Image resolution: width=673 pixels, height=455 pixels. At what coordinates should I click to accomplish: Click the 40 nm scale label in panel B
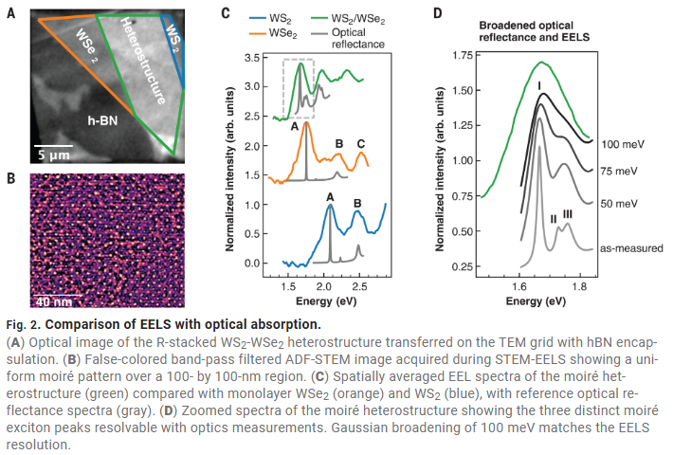click(x=54, y=302)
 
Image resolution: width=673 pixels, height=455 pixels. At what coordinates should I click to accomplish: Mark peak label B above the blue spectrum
click(x=357, y=202)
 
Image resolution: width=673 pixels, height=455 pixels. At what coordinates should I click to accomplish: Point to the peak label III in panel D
click(x=567, y=215)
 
